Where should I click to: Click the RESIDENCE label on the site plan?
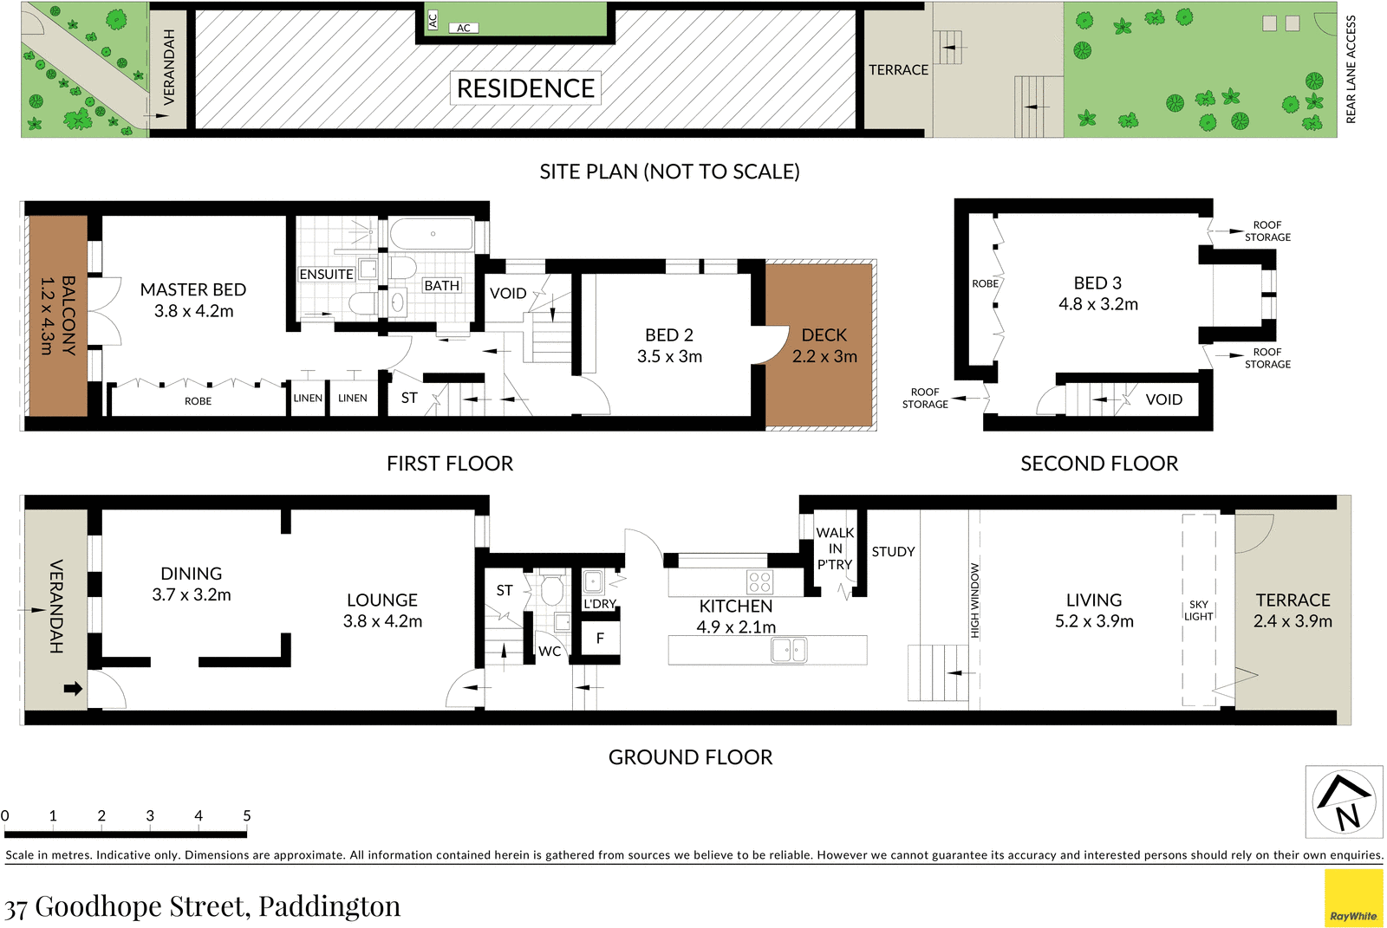[x=525, y=88]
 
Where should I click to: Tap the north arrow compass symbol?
[x=1344, y=801]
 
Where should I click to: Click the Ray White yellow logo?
[x=1353, y=899]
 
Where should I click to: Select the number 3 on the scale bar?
[x=150, y=815]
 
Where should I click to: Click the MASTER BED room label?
[x=193, y=289]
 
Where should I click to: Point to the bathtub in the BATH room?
[x=432, y=234]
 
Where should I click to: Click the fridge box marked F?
[x=600, y=639]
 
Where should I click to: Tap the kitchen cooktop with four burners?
[x=759, y=581]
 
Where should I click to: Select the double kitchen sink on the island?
[x=789, y=650]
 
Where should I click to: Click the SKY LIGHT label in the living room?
[x=1199, y=610]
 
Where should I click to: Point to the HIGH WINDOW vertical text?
[x=974, y=600]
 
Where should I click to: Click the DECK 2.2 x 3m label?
[x=824, y=346]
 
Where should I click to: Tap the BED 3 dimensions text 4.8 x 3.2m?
[x=1098, y=304]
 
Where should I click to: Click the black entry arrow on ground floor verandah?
[x=73, y=689]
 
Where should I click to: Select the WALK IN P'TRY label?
[x=835, y=548]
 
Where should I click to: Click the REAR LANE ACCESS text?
[x=1351, y=69]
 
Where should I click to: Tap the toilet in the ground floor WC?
[x=551, y=592]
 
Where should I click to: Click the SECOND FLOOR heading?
[x=1099, y=464]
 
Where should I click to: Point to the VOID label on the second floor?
[x=1163, y=399]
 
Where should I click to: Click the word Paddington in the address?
[x=329, y=906]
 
